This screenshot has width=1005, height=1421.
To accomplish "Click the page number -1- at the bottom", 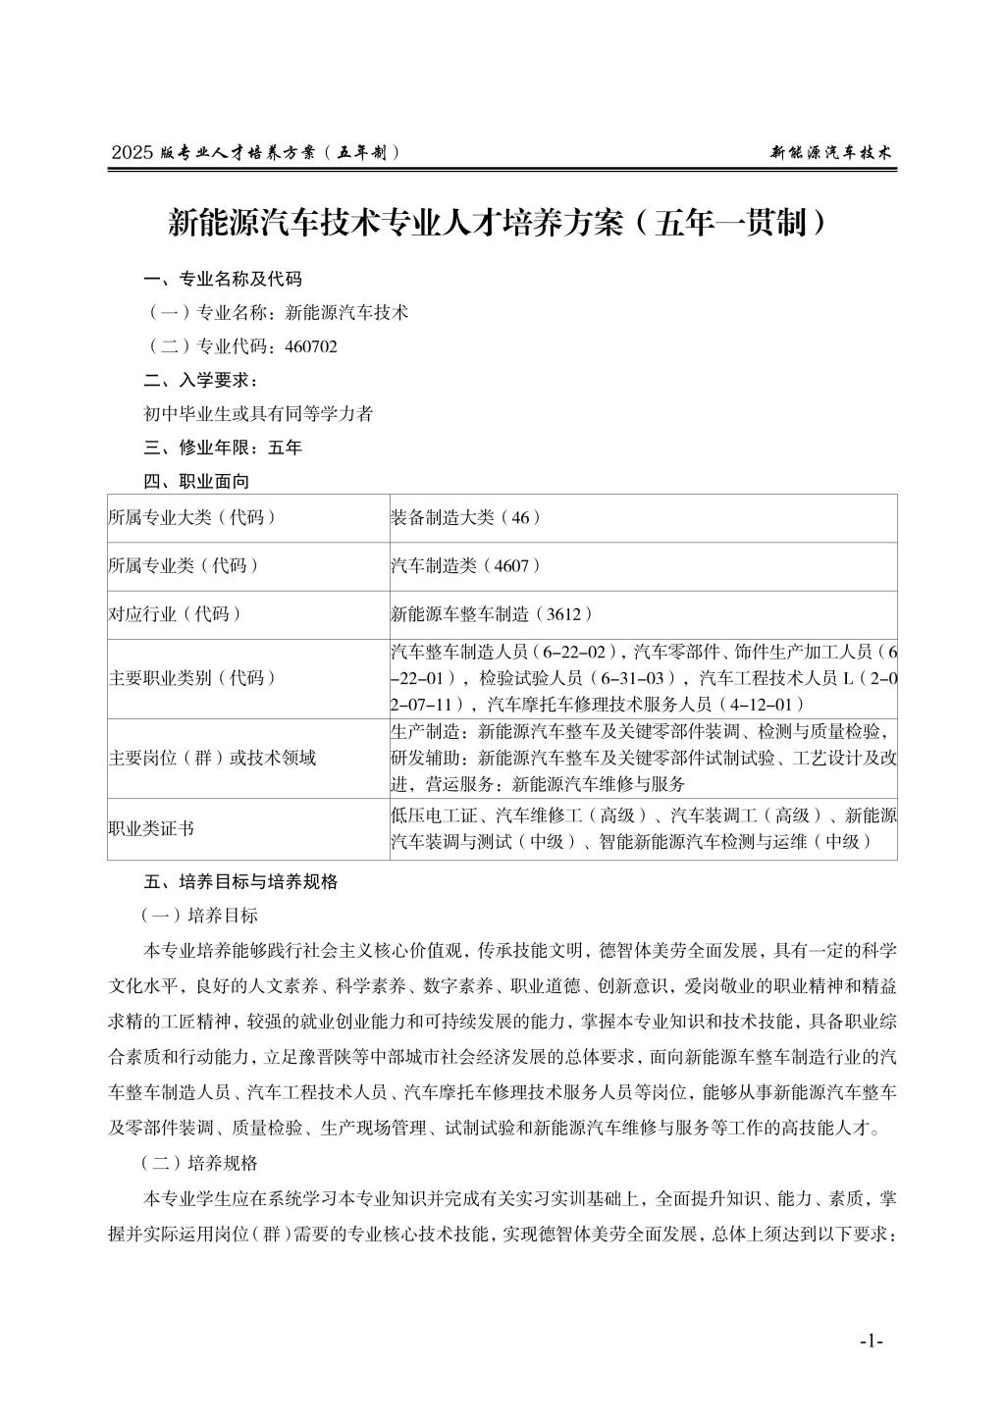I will pos(871,1341).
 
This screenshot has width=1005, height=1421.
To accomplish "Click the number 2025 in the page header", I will pos(133,152).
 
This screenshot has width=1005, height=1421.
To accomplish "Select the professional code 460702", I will pos(311,346).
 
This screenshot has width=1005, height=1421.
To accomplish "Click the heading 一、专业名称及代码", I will pos(223,279).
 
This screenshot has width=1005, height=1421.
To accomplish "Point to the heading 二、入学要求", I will pos(201,380).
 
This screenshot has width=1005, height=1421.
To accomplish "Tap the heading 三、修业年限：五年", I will pos(223,447).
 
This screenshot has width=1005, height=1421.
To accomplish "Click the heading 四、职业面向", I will pos(196,481).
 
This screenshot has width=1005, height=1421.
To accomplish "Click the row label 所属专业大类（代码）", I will pos(191,517).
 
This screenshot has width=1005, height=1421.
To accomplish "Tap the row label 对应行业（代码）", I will pos(175,614).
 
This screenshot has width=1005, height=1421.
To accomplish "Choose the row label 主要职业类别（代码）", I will pos(191,678).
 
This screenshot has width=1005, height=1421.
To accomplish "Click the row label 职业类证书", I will pos(151,827).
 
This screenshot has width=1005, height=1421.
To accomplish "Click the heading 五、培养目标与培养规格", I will pos(240,881).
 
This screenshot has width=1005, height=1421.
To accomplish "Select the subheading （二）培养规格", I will pos(200,1163).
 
